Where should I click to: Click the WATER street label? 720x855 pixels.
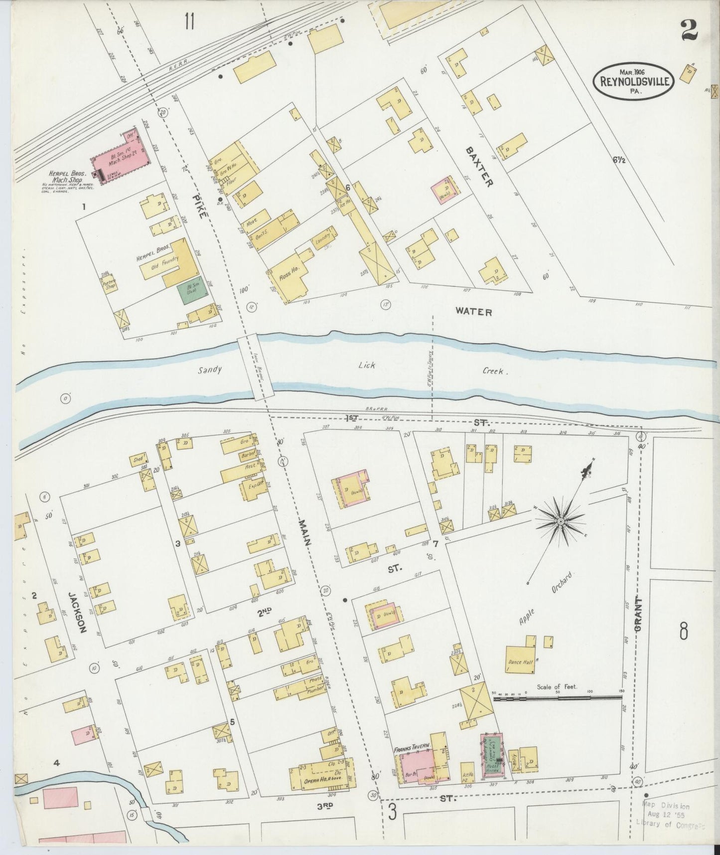[x=473, y=312]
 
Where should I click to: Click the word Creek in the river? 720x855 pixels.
[x=494, y=372]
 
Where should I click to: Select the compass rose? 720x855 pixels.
[x=560, y=521]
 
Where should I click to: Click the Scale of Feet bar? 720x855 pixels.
[x=558, y=698]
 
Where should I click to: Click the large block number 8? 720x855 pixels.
[x=683, y=632]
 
